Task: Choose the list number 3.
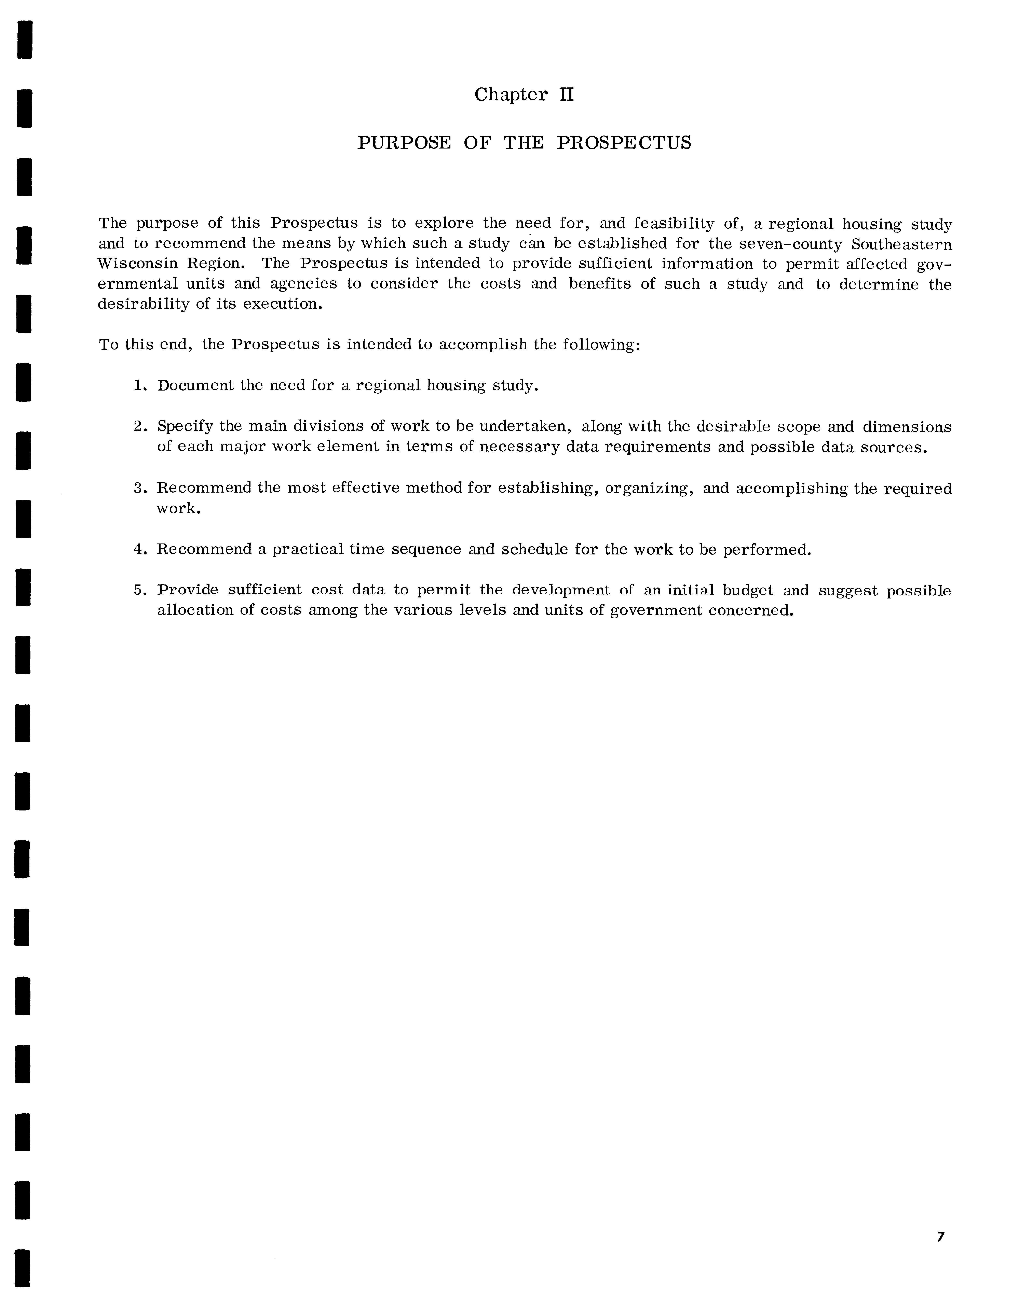[140, 488]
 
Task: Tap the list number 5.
[140, 590]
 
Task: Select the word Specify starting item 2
[185, 427]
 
